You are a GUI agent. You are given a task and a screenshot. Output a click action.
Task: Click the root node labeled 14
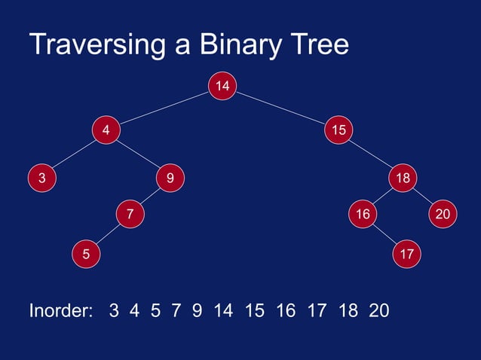[222, 87]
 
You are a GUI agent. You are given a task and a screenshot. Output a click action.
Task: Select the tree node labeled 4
[106, 130]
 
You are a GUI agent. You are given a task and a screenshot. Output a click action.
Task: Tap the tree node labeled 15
[339, 130]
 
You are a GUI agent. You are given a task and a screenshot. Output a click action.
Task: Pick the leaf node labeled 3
[42, 178]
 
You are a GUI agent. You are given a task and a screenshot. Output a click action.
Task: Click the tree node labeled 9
[170, 178]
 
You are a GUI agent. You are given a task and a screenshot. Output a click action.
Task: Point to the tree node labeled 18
[403, 178]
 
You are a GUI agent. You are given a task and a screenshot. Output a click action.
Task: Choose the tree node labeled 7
[130, 215]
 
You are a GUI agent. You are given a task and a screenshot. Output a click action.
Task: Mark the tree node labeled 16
[363, 215]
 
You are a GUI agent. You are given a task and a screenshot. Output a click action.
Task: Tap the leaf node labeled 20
[443, 215]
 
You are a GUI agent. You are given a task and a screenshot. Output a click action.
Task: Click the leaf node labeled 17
[407, 254]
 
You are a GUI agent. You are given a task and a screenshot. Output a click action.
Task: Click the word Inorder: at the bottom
[60, 310]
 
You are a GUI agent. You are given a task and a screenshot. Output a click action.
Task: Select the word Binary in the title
[237, 45]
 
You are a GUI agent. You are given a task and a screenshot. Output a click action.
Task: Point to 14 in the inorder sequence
[224, 310]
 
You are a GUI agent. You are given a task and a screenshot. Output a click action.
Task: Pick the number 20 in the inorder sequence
[379, 310]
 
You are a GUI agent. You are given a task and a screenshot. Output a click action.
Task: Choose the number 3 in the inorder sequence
[114, 310]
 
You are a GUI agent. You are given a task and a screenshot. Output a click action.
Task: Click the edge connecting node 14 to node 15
[280, 108]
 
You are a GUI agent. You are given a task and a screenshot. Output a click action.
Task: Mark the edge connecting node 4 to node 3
[74, 154]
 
